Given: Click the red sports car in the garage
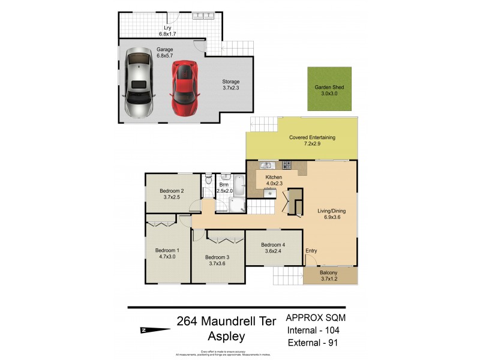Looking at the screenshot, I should [x=185, y=88].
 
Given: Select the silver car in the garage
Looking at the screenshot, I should [x=139, y=84].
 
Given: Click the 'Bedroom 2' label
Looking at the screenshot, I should [x=172, y=191].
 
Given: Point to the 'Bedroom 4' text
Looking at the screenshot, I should [x=273, y=244].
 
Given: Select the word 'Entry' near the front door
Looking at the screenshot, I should [x=311, y=251].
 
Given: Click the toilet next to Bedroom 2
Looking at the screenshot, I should [x=208, y=179].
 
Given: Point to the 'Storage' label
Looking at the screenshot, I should [x=231, y=82].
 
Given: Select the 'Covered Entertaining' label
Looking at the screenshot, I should [x=312, y=137].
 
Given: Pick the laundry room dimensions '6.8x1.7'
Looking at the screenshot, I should [x=170, y=34].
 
